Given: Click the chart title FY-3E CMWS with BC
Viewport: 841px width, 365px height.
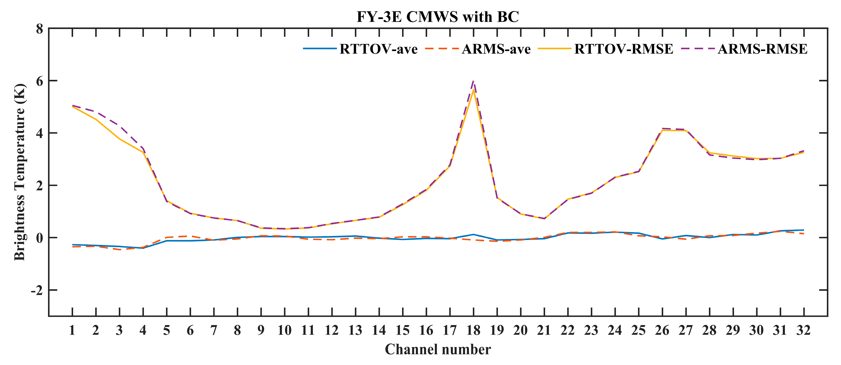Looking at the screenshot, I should (437, 16).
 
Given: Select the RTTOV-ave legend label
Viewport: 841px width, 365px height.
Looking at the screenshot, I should (378, 49).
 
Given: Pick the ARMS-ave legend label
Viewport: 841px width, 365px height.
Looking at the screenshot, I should (496, 49).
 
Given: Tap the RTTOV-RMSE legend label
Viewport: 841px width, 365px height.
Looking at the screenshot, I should (623, 49).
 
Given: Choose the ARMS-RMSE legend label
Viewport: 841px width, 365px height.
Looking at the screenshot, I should (762, 49).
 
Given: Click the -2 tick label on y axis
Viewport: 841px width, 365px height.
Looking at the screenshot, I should (37, 290).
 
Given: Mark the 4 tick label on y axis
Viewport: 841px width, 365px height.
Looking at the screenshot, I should (39, 133).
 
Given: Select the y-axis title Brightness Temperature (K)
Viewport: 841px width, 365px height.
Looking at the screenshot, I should (19, 172).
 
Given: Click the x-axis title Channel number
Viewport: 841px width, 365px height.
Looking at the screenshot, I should (437, 349).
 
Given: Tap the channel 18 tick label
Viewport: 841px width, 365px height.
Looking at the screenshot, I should (473, 330).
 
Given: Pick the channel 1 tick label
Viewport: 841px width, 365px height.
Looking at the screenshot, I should (72, 330).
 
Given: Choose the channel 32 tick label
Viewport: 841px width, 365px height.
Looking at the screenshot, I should (803, 330).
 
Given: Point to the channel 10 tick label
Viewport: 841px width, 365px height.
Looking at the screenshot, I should (285, 330).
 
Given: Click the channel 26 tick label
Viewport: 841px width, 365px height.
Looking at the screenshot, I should (662, 330).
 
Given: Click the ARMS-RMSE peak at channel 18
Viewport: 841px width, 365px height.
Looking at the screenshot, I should (473, 81).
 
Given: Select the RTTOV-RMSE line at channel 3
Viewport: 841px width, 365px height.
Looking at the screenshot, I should (119, 139).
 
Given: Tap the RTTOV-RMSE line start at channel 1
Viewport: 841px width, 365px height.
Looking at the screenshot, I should (72, 107).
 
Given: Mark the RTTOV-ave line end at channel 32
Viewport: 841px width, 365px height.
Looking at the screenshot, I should (803, 230).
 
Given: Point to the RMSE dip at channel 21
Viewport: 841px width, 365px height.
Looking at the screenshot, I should (544, 218).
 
